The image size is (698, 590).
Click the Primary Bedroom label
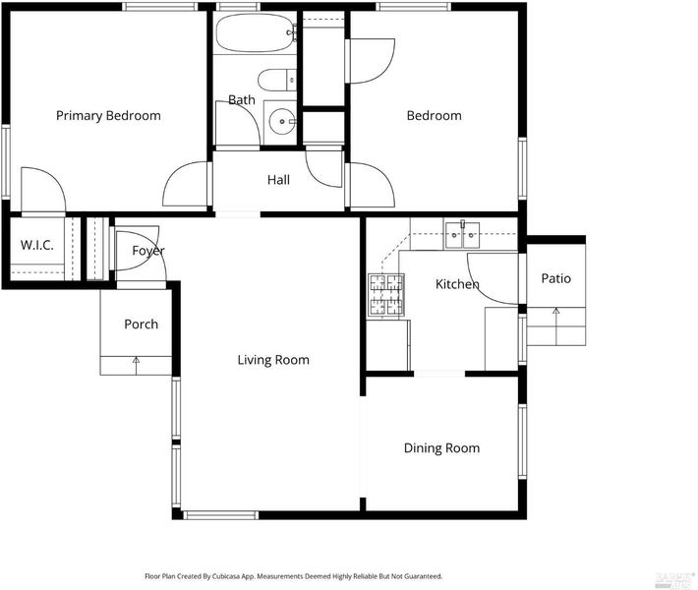tap(108, 116)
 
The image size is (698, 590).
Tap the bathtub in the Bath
tap(256, 32)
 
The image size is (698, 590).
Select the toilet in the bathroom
tap(277, 81)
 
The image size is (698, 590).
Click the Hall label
tap(278, 180)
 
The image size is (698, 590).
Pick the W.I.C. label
tap(37, 245)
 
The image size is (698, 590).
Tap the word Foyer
tap(148, 251)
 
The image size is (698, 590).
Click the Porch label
tap(142, 324)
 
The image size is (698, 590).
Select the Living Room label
tap(273, 360)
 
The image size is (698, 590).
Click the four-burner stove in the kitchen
tap(386, 295)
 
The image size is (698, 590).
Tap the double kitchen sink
tap(462, 234)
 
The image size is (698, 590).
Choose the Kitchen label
tap(457, 284)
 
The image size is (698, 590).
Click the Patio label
tap(556, 278)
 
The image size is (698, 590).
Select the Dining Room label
tap(441, 448)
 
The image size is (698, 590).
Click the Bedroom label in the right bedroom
tap(434, 116)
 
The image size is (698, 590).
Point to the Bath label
tap(242, 99)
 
